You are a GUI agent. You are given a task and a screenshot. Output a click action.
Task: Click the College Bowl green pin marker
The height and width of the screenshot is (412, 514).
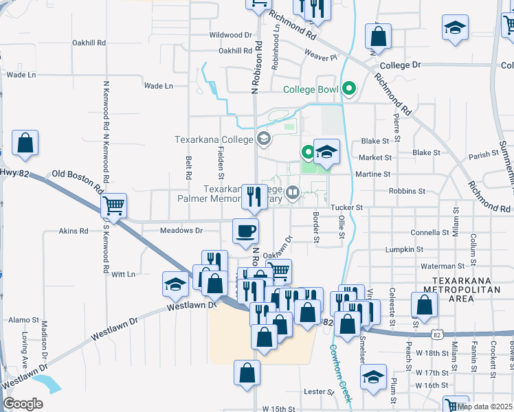pos(350,89)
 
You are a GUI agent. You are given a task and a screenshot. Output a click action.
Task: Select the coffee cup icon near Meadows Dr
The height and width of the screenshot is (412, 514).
pos(245,230)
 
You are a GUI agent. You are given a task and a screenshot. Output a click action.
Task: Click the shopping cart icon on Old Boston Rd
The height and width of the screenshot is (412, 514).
pos(113,204)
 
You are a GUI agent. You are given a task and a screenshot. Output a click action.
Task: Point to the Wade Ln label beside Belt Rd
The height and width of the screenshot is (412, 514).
pos(158,86)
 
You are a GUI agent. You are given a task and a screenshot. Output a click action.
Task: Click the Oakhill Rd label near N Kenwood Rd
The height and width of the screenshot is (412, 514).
pos(89,42)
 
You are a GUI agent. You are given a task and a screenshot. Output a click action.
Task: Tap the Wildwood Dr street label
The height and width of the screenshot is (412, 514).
pos(230,34)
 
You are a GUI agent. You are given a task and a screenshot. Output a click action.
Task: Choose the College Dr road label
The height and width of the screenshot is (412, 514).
pos(399,65)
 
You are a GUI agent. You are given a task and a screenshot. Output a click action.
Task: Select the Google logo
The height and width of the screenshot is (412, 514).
pos(23,403)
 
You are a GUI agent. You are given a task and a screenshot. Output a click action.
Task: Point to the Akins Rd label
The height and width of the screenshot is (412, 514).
pos(74,231)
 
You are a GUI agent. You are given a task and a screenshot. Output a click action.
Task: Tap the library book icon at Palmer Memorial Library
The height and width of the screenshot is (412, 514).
pos(293,193)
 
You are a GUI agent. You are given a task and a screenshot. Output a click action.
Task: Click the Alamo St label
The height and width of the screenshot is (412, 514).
pos(22,320)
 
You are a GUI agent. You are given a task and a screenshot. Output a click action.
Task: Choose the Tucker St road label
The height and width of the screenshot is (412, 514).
pos(348,207)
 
